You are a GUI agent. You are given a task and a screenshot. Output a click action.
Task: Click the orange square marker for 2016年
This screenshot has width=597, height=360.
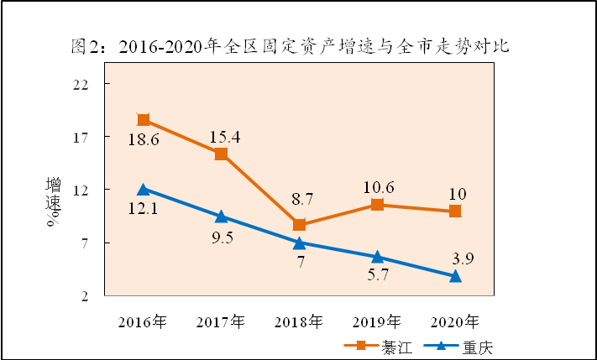[144, 120]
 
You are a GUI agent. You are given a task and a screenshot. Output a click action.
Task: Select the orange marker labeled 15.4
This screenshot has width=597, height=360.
[221, 154]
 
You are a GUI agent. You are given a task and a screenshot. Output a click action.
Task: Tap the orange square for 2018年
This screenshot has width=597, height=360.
[300, 225]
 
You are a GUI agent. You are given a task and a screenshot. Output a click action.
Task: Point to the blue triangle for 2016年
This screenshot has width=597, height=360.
[144, 190]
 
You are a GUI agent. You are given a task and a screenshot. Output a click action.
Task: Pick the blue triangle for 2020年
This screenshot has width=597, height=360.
[455, 276]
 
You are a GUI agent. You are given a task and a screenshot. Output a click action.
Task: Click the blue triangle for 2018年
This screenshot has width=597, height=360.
[300, 243]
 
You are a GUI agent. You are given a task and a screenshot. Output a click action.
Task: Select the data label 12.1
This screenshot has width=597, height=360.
[144, 207]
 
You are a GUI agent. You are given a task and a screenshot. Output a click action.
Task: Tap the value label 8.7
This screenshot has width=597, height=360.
[300, 200]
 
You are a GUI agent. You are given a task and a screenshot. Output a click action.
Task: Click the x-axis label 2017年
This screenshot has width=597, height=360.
[221, 321]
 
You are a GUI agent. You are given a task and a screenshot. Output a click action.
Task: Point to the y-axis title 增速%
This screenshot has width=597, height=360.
[54, 201]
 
